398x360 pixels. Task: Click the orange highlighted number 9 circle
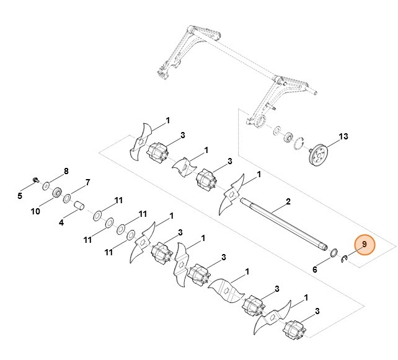(x=365, y=245)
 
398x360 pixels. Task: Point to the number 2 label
(x=288, y=203)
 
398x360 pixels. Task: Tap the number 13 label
(x=343, y=136)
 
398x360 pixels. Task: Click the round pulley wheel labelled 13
(x=321, y=153)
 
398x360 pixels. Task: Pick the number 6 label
(x=315, y=270)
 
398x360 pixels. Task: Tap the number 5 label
(x=19, y=196)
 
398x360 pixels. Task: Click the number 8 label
(x=66, y=170)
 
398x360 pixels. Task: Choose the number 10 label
(x=35, y=211)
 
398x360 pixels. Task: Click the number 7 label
(x=87, y=183)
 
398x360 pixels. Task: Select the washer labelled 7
(x=68, y=198)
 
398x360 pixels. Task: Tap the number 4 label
(x=61, y=222)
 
